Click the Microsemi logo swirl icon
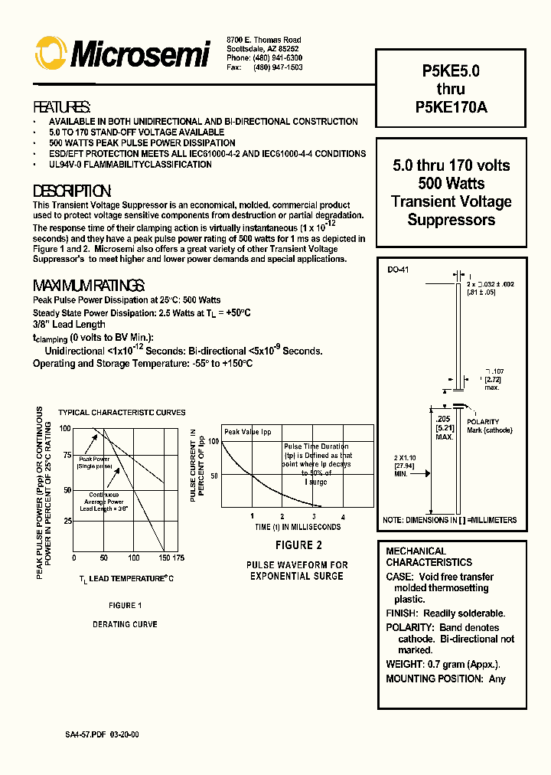(51, 54)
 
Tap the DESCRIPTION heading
(73, 191)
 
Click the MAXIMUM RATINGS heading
(89, 286)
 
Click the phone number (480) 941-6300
(275, 58)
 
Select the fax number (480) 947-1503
(275, 67)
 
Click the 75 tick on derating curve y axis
(66, 454)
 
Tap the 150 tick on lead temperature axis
(164, 558)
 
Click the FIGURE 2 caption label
(298, 545)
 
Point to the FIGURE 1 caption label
(126, 605)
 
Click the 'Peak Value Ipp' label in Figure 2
(248, 432)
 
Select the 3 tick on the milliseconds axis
(313, 517)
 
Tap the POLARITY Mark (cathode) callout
(489, 426)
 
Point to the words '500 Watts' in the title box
(451, 184)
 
